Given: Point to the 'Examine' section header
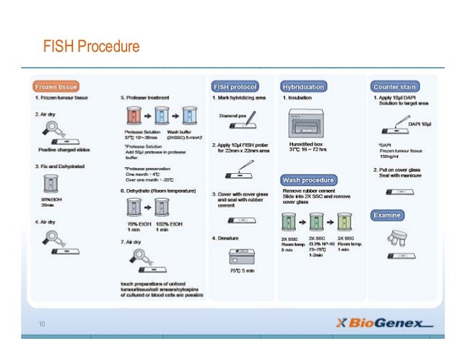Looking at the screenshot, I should point(388,215).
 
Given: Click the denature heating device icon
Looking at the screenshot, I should point(240,256).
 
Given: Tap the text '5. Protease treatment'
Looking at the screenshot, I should point(145,97).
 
